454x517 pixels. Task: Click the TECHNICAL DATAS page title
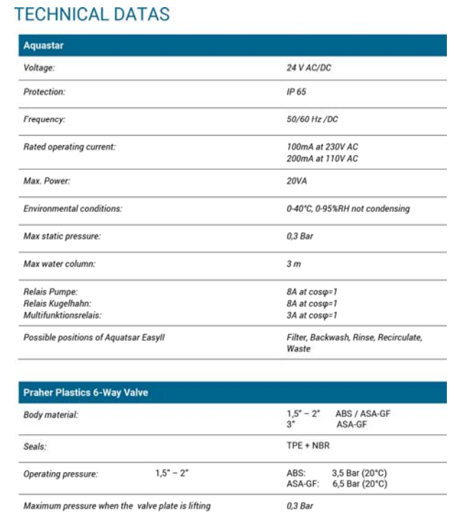click(x=94, y=14)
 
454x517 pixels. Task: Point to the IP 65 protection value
click(x=295, y=92)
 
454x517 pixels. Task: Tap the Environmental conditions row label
click(x=73, y=209)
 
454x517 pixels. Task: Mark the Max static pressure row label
click(x=64, y=236)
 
